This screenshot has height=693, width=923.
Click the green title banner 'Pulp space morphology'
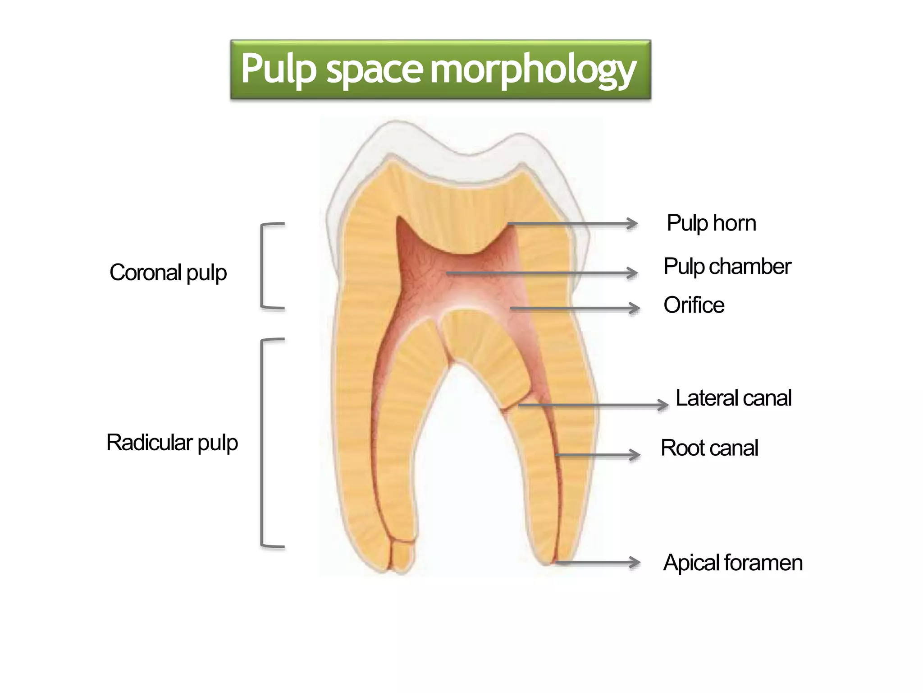click(x=440, y=69)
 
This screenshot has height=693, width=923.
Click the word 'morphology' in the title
click(x=533, y=69)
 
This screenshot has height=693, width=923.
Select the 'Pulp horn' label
click(x=711, y=223)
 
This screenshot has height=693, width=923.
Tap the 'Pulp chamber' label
click(x=727, y=267)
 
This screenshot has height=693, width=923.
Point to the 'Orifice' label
click(x=694, y=305)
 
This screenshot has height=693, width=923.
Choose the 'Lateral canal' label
click(x=733, y=398)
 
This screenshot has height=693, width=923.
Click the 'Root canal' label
click(x=709, y=448)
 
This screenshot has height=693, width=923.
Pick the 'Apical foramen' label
click(x=733, y=563)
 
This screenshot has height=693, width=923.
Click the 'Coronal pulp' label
click(x=168, y=273)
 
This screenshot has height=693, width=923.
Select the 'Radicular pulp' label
click(x=172, y=443)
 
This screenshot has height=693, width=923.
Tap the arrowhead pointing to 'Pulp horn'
click(x=633, y=223)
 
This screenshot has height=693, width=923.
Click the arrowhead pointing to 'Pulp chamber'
click(x=633, y=273)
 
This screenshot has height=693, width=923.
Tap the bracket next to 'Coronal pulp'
click(x=263, y=266)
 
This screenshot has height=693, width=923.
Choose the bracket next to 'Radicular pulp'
click(x=263, y=443)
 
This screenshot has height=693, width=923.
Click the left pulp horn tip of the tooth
click(x=398, y=220)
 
